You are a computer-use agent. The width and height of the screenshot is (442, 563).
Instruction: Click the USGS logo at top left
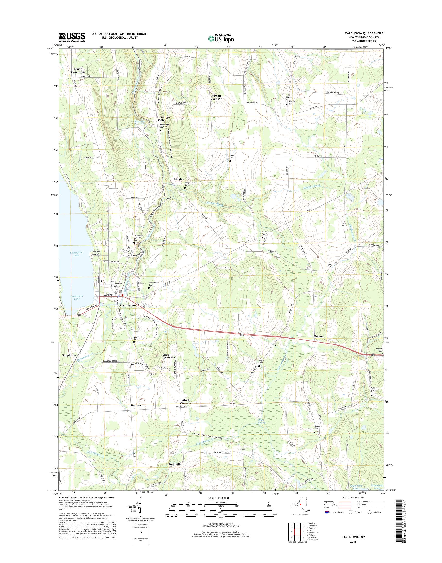tap(72, 37)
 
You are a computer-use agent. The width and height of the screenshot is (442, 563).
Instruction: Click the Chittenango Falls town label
tap(161, 119)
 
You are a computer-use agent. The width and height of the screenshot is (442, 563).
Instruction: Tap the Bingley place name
tap(179, 179)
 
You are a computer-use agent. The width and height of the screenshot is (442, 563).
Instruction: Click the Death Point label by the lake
tap(96, 253)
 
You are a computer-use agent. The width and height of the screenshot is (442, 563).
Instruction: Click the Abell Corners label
tap(186, 402)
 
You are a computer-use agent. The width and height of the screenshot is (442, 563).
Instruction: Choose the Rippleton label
tap(69, 355)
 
